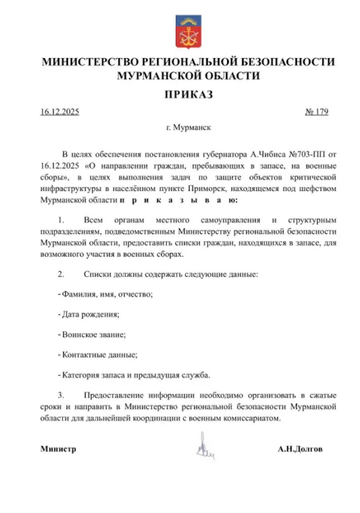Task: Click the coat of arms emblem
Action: (x=189, y=31)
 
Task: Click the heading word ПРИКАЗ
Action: (x=188, y=95)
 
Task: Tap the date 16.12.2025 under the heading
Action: (x=60, y=112)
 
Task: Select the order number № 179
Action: (x=316, y=112)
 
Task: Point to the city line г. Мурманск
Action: (x=188, y=128)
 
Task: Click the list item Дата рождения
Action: (x=90, y=315)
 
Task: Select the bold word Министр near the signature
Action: (x=58, y=449)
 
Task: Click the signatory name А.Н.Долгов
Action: (x=300, y=449)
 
